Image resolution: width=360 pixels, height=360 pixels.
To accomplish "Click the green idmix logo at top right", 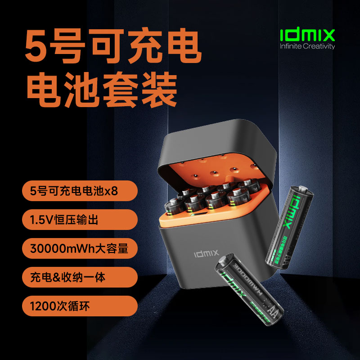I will coord(307,35).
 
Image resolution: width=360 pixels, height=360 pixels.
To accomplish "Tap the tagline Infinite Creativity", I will coord(307,46).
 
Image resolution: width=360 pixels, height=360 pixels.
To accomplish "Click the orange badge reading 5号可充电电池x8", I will coord(79,191).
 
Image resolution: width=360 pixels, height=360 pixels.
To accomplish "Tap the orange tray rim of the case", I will coord(216,220).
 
